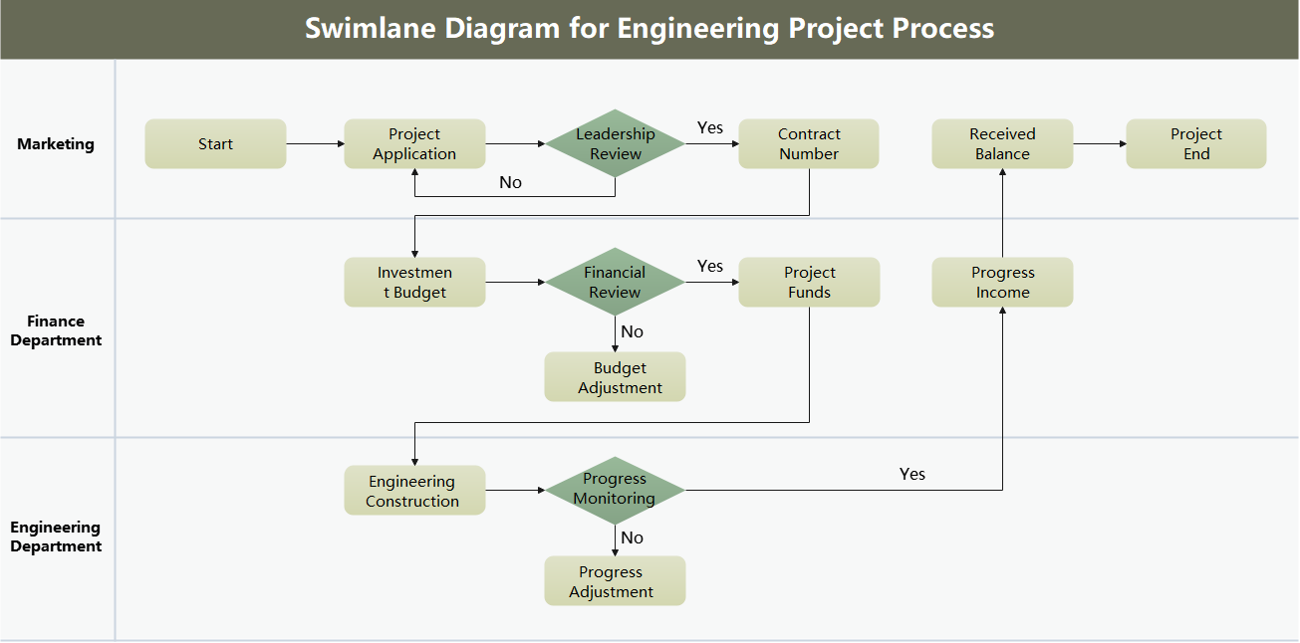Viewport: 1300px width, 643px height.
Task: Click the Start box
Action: (x=215, y=144)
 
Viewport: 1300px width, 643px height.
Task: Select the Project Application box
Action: (x=414, y=144)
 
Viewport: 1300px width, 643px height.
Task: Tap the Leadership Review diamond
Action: (x=615, y=143)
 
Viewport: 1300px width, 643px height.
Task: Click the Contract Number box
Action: (x=809, y=144)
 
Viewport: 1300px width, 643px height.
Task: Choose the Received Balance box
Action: (x=1002, y=144)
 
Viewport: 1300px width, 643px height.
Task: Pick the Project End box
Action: (x=1195, y=144)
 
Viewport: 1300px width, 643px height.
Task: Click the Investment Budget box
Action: (x=414, y=283)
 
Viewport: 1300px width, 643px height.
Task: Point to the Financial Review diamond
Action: (x=615, y=282)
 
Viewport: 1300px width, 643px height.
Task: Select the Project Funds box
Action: (x=809, y=283)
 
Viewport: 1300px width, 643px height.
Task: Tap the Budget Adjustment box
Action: (x=615, y=377)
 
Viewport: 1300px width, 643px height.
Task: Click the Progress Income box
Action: (x=1002, y=283)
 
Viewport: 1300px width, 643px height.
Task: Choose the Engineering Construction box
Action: (x=414, y=491)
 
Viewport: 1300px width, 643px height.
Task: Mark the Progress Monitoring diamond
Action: (x=615, y=490)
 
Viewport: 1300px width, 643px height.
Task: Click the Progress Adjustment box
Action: (x=615, y=581)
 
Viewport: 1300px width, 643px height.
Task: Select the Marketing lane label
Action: (x=56, y=144)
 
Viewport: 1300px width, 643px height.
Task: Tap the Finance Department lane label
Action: (x=56, y=330)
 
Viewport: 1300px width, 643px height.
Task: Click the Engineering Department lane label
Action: (x=56, y=536)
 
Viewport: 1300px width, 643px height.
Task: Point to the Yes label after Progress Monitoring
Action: (x=911, y=474)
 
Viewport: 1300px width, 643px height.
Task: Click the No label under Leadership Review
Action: (x=510, y=182)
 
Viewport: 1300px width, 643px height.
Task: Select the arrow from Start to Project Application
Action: (x=315, y=144)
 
